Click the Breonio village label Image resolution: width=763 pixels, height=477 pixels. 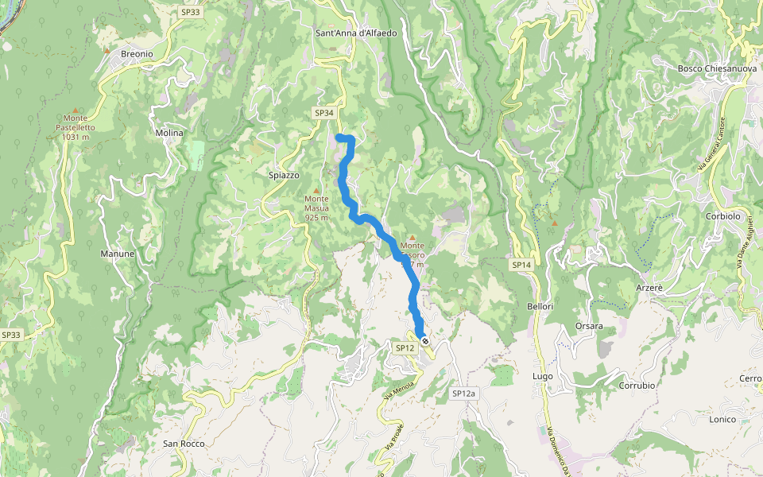(136, 53)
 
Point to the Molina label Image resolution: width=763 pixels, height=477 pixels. (169, 133)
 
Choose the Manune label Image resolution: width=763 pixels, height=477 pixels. (117, 254)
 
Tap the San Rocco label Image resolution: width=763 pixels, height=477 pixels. (184, 444)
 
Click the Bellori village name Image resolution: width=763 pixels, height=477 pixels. (539, 306)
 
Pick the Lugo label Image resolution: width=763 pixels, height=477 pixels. (542, 376)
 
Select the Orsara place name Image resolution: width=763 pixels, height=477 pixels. (589, 326)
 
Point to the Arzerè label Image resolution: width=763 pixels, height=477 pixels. (649, 286)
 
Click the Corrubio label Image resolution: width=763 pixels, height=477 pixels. (637, 385)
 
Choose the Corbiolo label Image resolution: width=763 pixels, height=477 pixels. (722, 216)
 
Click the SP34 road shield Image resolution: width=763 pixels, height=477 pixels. (323, 113)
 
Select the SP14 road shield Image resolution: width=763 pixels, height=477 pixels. (521, 264)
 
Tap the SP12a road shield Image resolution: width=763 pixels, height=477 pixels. (463, 394)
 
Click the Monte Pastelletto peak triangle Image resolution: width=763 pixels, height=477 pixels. (76, 111)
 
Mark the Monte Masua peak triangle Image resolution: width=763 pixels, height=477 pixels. (316, 191)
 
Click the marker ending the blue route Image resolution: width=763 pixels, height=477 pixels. (426, 340)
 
